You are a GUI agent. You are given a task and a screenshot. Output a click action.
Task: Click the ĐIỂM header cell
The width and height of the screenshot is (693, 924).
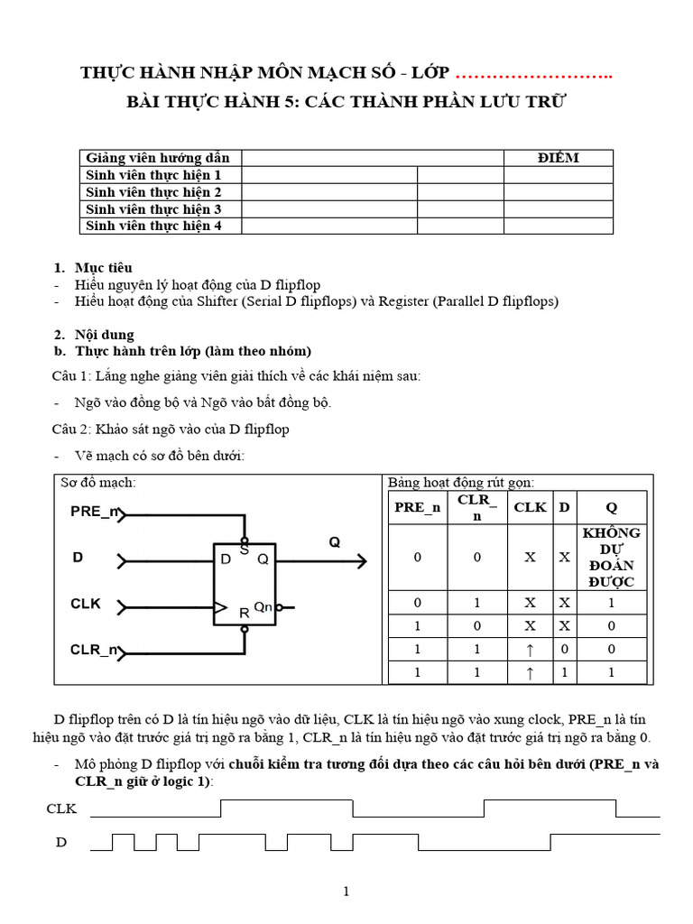click(x=558, y=158)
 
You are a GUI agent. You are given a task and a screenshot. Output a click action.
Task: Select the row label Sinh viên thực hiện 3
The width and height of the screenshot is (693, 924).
click(x=153, y=209)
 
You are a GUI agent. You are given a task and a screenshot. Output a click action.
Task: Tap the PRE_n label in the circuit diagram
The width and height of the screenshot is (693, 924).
click(x=95, y=513)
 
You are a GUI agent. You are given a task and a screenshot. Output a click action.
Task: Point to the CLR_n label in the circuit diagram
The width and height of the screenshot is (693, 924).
click(x=94, y=649)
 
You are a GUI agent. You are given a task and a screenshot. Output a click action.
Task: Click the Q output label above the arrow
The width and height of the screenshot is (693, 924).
click(x=335, y=542)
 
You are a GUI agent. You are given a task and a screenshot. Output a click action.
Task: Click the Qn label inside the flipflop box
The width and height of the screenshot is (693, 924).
click(x=263, y=607)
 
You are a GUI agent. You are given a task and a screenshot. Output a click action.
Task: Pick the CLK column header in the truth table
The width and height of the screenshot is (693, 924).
click(x=530, y=507)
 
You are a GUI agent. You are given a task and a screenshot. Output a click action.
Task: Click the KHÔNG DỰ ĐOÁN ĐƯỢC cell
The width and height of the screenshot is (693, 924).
click(x=612, y=557)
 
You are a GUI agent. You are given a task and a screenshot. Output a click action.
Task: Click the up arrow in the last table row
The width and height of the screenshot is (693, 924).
click(x=530, y=672)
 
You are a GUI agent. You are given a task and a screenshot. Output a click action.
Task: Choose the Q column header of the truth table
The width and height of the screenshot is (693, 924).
click(x=612, y=507)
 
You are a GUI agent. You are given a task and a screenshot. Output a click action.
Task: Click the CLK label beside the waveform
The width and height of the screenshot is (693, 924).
click(x=61, y=808)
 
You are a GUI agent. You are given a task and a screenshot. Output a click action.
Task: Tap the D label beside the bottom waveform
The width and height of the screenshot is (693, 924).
click(x=61, y=843)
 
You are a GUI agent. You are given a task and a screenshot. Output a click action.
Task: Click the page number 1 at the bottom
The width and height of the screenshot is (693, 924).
click(x=346, y=892)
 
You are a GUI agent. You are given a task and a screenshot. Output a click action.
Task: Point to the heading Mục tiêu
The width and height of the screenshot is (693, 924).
click(x=104, y=268)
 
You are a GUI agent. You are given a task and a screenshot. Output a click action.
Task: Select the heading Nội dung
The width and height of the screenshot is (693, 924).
click(x=105, y=335)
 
